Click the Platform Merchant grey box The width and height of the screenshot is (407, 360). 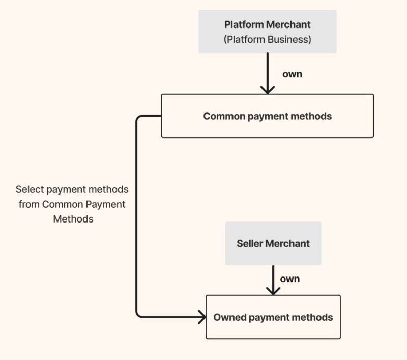[x=267, y=32]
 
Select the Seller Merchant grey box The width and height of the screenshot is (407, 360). [x=273, y=243]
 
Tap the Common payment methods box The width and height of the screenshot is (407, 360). [x=267, y=116]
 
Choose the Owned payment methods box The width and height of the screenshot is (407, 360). [x=273, y=317]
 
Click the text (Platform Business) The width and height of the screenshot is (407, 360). [x=267, y=39]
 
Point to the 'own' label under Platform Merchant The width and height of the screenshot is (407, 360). [x=292, y=74]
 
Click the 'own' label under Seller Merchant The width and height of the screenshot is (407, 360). [x=289, y=279]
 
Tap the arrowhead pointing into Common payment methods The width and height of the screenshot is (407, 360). [x=267, y=90]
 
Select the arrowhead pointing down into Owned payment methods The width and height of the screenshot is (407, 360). [x=273, y=291]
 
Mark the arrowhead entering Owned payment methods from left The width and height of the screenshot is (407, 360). [x=201, y=317]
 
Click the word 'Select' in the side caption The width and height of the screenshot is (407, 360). [x=30, y=189]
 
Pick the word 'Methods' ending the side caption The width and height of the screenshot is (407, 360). [x=73, y=219]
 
